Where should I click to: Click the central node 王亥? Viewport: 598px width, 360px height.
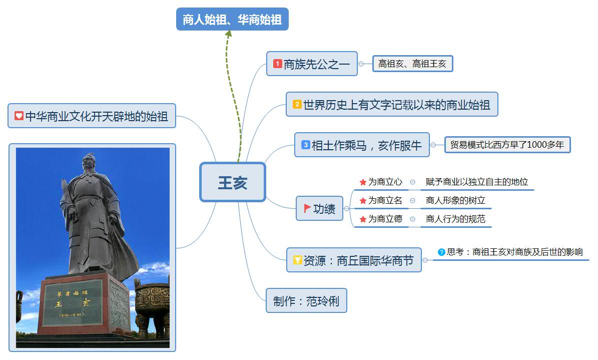coord(233,182)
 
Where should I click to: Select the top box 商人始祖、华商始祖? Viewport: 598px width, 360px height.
coord(232,19)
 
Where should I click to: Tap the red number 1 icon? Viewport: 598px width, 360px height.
coord(277,64)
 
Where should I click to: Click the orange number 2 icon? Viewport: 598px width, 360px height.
coord(297,104)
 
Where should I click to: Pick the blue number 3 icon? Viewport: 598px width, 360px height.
coord(305,145)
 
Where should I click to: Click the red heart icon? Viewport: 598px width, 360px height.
coord(19,116)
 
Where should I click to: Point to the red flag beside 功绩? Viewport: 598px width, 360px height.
coord(307,208)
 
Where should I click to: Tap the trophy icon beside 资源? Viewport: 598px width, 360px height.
coord(297,260)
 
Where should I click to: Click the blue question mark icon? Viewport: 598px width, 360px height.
coord(442,252)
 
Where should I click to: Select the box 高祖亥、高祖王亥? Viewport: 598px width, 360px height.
coord(413,64)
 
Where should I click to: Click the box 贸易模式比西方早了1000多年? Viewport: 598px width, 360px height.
coord(507,145)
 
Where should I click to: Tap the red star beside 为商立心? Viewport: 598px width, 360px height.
coord(363,182)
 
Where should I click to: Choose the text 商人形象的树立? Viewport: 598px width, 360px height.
coord(455,200)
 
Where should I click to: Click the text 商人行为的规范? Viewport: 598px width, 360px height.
coord(455,219)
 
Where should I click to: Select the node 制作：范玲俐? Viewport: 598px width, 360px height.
coord(306,301)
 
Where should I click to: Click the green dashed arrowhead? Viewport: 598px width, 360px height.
coord(229,34)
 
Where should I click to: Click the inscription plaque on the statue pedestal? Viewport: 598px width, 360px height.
coord(72,303)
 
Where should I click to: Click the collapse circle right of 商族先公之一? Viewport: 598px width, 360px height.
coord(361,64)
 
